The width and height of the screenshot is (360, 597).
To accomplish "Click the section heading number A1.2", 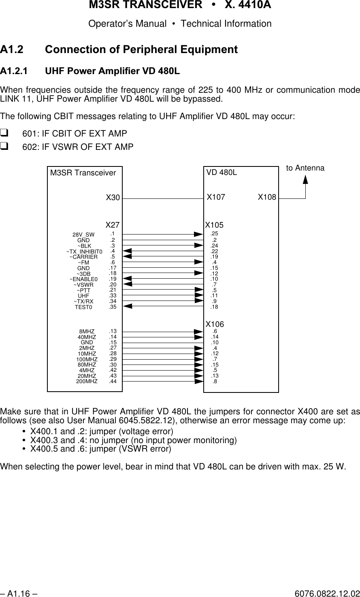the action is (x=12, y=50).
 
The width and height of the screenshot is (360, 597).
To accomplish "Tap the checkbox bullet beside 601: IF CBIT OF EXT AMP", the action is (x=4, y=133).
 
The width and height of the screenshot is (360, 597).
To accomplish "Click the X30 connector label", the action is (x=113, y=198).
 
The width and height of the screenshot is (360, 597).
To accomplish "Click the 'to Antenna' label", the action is (x=305, y=168).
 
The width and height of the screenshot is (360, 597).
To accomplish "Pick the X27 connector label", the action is (x=113, y=225).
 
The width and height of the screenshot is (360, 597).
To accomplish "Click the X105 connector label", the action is (x=215, y=225).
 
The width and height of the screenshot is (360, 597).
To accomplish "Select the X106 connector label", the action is (x=215, y=324).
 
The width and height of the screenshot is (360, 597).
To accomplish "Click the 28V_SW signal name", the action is (x=83, y=235).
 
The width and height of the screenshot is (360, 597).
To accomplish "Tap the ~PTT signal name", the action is (x=83, y=290).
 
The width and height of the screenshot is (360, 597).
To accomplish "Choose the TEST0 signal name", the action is (x=83, y=307).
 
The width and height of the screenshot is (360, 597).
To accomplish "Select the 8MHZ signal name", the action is (x=87, y=332).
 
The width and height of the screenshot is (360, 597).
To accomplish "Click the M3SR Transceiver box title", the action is (x=83, y=173).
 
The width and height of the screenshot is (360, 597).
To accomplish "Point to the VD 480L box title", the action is (x=222, y=173).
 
